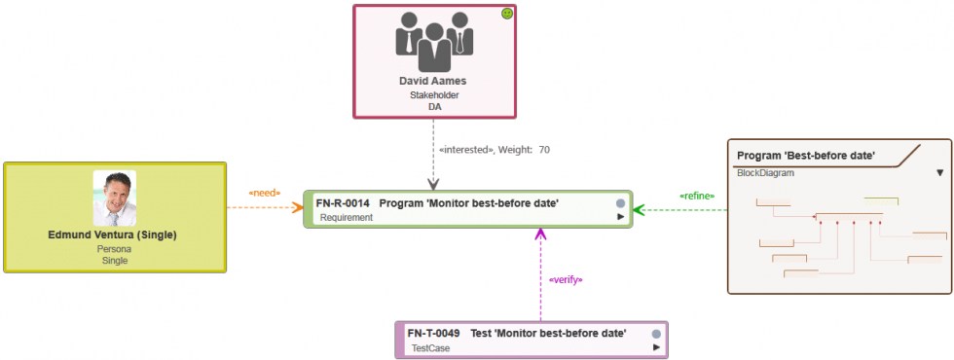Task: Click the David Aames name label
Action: click(433, 82)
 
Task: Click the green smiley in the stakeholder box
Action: click(506, 14)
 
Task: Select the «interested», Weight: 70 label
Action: click(495, 150)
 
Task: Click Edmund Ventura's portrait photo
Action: click(115, 198)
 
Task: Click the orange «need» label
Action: click(264, 193)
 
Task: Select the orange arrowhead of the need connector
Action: click(298, 207)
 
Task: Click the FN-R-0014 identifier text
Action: click(342, 203)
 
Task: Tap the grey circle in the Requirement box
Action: click(620, 203)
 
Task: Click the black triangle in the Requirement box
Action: click(621, 218)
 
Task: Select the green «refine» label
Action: click(697, 196)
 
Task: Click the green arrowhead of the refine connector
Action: click(640, 208)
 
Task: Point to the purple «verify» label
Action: click(566, 279)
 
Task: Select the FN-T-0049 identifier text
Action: click(433, 333)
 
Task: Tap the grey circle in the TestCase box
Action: click(656, 334)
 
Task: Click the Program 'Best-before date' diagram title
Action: click(806, 156)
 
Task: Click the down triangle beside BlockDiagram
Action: click(939, 173)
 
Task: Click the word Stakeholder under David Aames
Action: click(434, 95)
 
